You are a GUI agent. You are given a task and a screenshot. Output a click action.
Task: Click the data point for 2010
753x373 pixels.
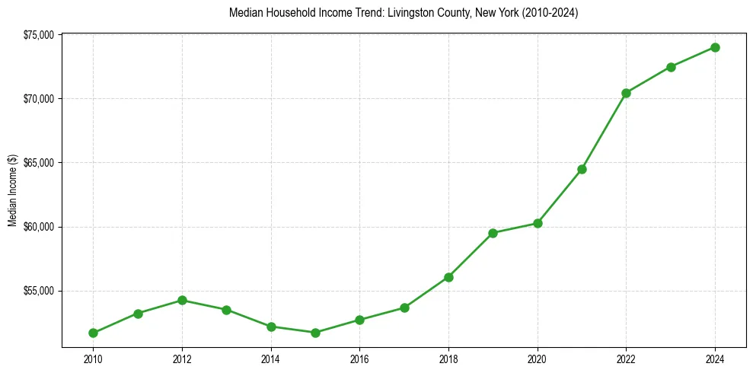tap(93, 333)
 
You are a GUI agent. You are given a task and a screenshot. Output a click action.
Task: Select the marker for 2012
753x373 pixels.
tap(182, 300)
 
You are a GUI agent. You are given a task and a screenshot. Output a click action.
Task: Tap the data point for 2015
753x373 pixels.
tap(315, 333)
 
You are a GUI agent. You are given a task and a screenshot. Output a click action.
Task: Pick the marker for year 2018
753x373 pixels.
tap(448, 277)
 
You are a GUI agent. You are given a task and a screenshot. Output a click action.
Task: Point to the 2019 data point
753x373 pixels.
tap(493, 233)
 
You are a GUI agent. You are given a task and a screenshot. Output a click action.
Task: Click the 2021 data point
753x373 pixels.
tap(582, 169)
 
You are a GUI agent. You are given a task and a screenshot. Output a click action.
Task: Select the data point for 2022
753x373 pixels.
tap(626, 93)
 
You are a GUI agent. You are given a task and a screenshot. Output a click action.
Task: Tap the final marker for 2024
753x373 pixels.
tap(715, 47)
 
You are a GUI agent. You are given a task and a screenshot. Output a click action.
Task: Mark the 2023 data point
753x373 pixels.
tap(671, 67)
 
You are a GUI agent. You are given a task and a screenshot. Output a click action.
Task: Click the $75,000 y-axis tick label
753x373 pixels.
tap(39, 35)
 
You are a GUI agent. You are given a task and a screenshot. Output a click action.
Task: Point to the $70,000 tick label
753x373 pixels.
tap(39, 99)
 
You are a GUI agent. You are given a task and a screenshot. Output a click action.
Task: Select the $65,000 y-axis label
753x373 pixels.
tap(39, 163)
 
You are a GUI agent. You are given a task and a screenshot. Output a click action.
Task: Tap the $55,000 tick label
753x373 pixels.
tap(39, 291)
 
